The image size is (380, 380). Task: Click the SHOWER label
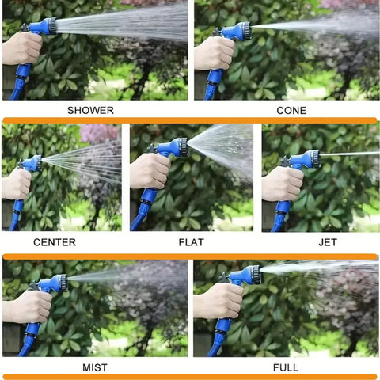coord(90,110)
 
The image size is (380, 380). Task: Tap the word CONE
coord(291,110)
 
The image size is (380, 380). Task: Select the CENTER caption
coord(55,242)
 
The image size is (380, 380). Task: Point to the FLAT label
coord(192,242)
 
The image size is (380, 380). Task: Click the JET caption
coord(328,242)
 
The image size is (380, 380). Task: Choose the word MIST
coord(95,367)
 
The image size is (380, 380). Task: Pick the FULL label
coord(286,367)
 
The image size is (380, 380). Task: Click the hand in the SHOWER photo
coord(22,49)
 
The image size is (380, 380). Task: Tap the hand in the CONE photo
coord(215,53)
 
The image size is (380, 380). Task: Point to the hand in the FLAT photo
coord(150,171)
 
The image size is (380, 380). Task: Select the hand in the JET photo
coord(283,184)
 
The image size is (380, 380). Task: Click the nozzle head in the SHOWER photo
coord(52,26)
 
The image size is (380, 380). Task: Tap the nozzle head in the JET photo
coord(315,159)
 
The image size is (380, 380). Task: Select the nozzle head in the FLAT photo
coord(183,147)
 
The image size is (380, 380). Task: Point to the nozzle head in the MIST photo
coord(63,283)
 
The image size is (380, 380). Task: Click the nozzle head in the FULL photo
coord(256,275)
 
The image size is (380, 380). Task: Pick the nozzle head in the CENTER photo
coord(38,163)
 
